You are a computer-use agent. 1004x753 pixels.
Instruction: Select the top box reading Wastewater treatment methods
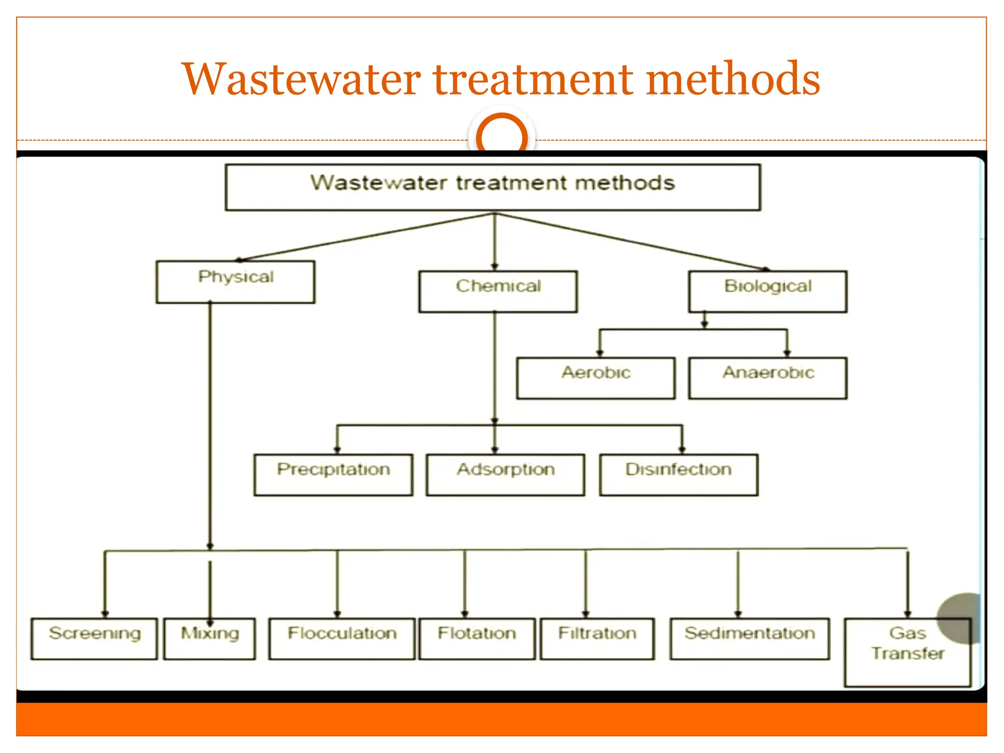tap(493, 187)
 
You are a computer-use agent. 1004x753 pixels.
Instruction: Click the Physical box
tap(235, 282)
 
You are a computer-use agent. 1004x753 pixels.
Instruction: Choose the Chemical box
tap(498, 291)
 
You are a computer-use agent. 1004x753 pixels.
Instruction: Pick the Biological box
tap(768, 291)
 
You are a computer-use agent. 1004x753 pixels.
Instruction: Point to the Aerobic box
tap(596, 378)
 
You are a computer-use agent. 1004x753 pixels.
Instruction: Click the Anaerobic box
tap(768, 378)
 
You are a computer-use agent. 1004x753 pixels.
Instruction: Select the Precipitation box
tap(333, 475)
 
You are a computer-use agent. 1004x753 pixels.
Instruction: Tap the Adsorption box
tap(505, 475)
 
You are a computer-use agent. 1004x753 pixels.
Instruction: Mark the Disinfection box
tap(678, 475)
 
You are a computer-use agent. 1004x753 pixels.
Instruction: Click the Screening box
tap(94, 638)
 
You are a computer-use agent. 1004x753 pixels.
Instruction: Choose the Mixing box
tap(210, 638)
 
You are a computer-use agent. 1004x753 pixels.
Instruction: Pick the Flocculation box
tap(342, 638)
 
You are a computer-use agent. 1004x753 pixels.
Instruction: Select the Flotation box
tap(477, 638)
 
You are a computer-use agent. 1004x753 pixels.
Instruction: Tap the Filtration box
tap(597, 638)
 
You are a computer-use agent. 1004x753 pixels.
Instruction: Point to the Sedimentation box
tap(750, 638)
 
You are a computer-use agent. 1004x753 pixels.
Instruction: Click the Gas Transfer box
tap(907, 652)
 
